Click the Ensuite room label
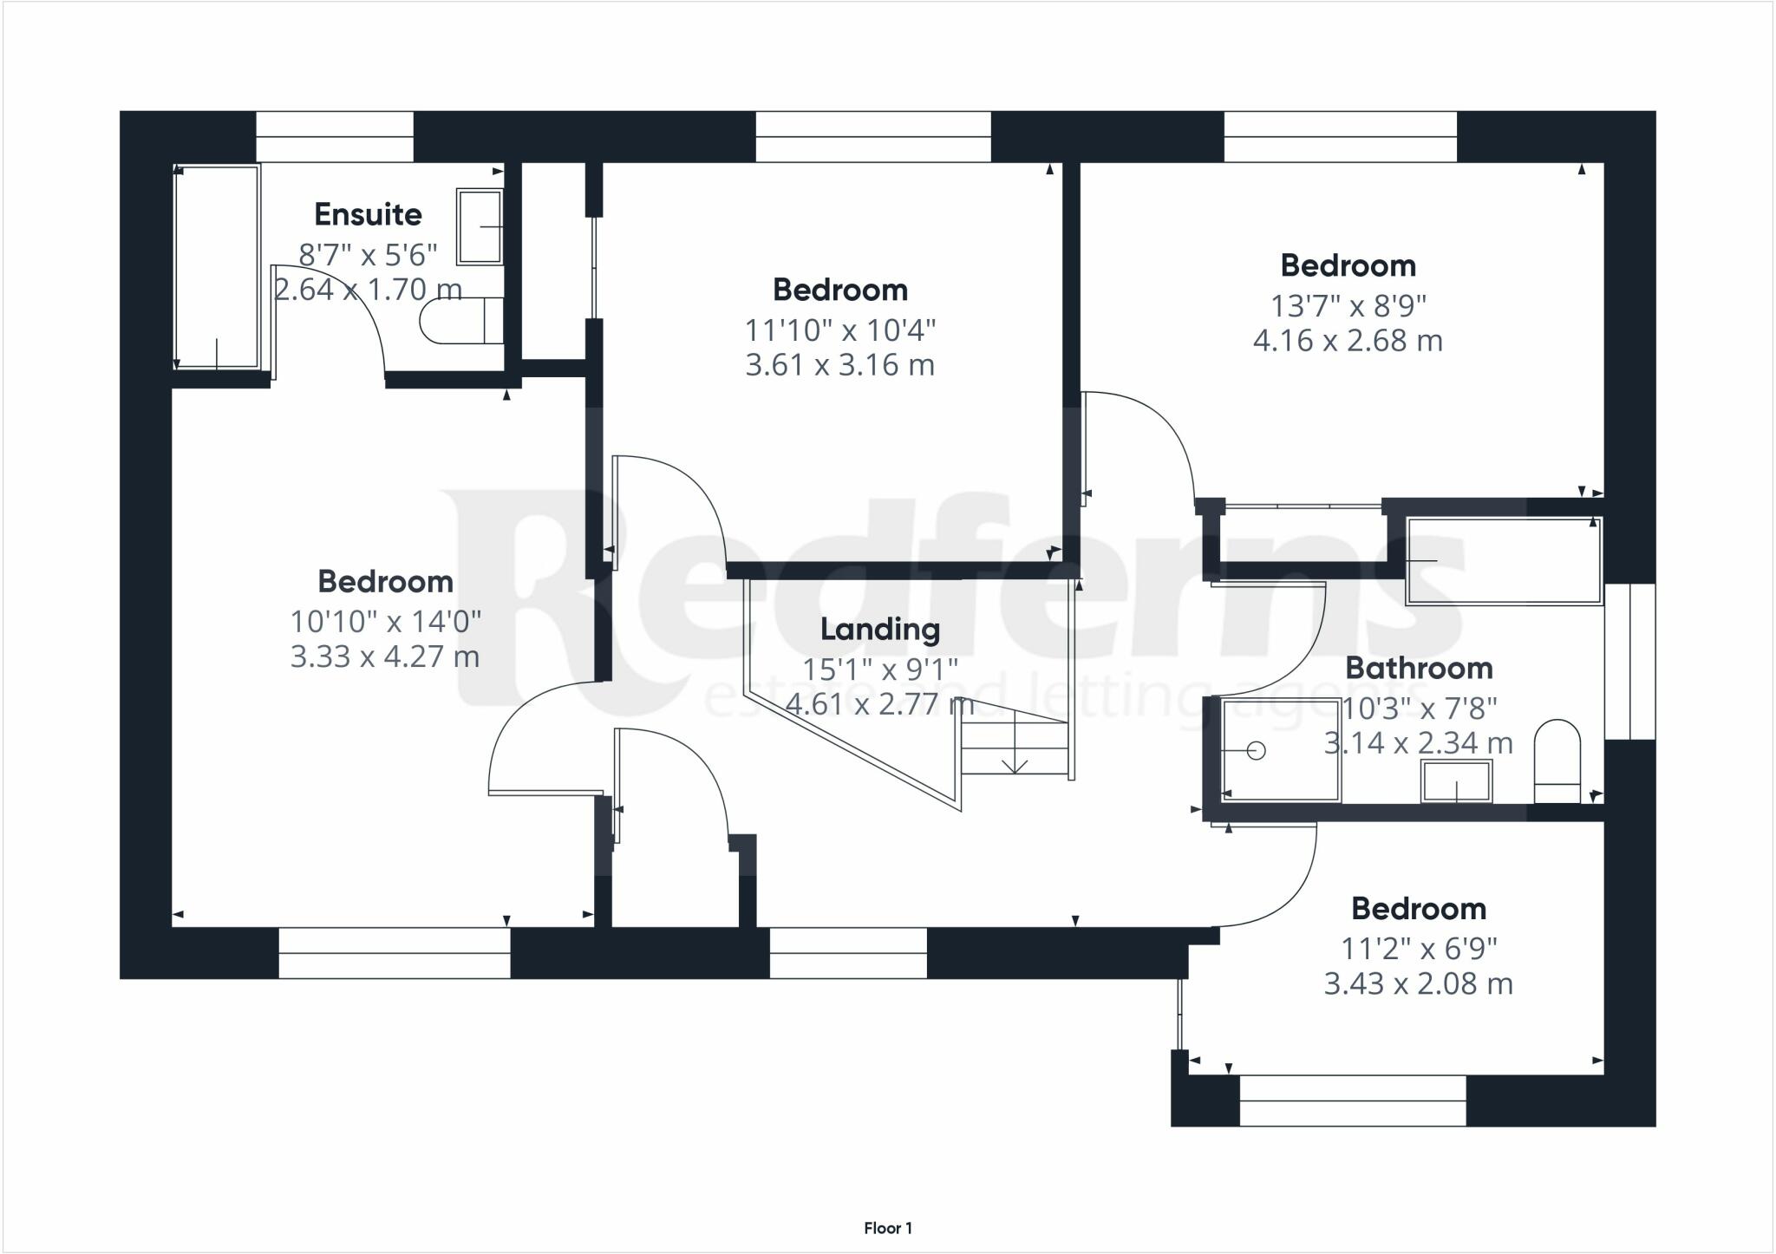tap(368, 213)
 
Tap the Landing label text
tap(880, 629)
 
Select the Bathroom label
tap(1419, 668)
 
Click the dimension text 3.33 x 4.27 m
tap(385, 656)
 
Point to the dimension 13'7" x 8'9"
tap(1348, 305)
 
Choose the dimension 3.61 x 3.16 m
tap(840, 364)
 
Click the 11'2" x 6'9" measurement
tap(1419, 949)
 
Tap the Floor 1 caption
tap(888, 1228)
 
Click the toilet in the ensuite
tap(461, 321)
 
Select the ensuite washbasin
tap(480, 226)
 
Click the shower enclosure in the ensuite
tap(217, 267)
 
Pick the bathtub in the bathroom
tap(1504, 560)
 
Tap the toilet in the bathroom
tap(1557, 761)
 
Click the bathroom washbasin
tap(1456, 781)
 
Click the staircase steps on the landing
tap(1015, 748)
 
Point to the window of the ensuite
tap(335, 137)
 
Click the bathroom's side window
tap(1629, 662)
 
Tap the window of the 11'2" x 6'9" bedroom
tap(1353, 1101)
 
